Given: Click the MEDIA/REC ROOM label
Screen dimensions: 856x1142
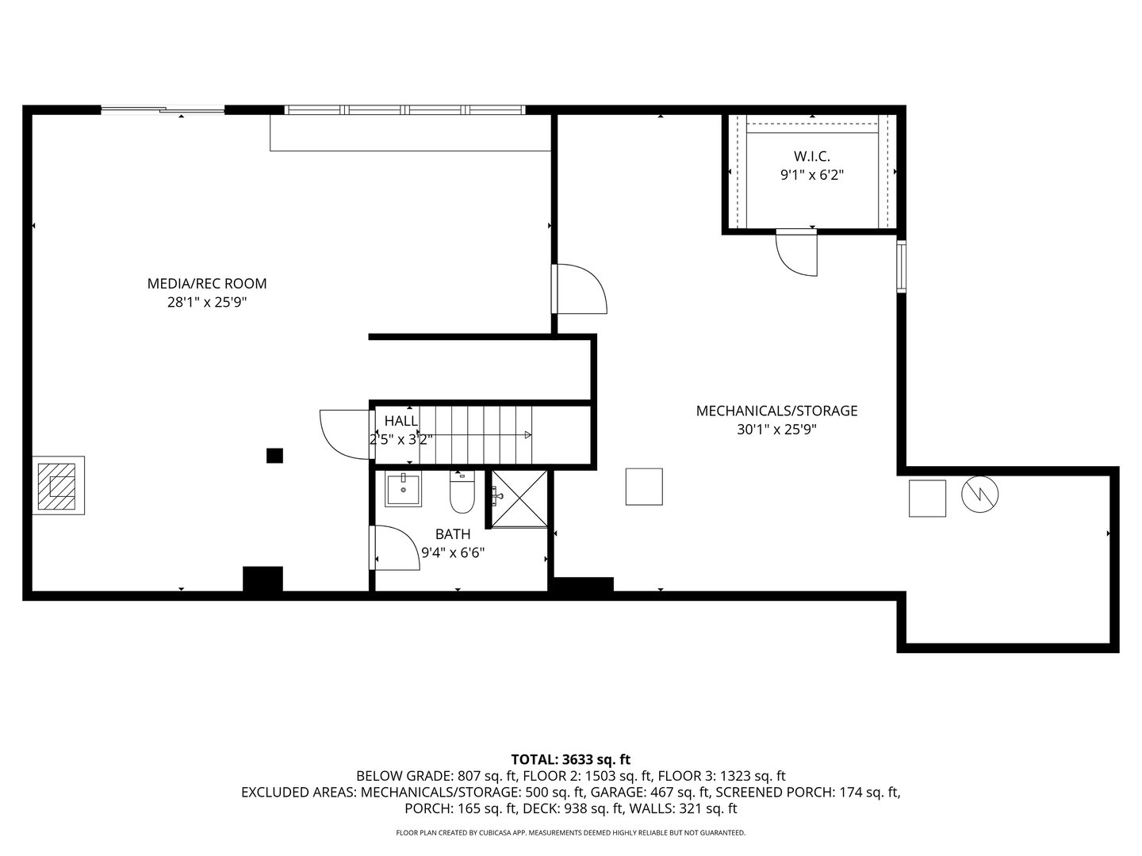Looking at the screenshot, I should click(x=206, y=283).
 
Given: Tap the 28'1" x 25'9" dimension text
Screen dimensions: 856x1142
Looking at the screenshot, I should click(x=206, y=302).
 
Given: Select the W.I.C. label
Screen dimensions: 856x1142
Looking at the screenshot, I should click(x=811, y=156).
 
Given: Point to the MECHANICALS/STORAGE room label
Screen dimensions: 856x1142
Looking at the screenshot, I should click(x=776, y=411).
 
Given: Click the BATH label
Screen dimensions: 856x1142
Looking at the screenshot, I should click(x=452, y=534).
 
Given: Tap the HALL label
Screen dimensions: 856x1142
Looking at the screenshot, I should click(x=400, y=420).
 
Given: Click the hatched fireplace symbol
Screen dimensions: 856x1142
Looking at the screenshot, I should click(x=59, y=485).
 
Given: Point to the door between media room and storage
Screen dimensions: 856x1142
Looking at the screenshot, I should click(x=579, y=289).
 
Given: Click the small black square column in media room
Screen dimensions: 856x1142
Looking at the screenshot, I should click(x=274, y=455).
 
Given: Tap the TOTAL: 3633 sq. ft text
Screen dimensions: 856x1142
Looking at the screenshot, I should click(x=570, y=759).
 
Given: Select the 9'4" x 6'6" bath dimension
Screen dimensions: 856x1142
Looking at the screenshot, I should click(x=452, y=552).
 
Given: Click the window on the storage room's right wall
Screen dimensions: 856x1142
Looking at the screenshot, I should click(x=901, y=266).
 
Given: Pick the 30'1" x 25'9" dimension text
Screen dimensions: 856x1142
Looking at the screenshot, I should click(x=776, y=430).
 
